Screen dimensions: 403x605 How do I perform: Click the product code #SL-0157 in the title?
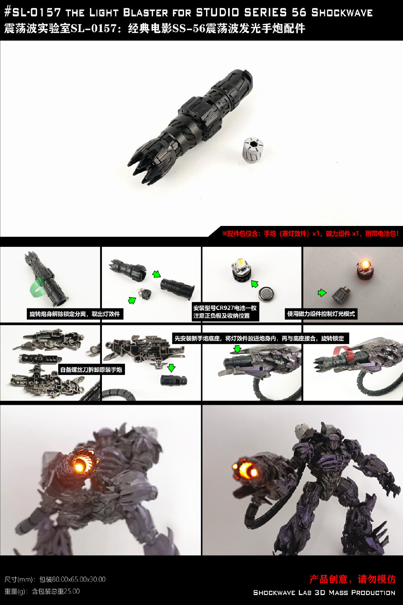point(33,12)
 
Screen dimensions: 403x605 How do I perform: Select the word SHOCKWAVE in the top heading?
point(342,12)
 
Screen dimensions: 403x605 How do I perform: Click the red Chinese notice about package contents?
point(310,234)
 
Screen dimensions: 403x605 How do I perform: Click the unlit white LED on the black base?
point(240,263)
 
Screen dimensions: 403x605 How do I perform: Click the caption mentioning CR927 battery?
point(225,312)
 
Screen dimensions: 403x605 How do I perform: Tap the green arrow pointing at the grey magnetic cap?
point(322,292)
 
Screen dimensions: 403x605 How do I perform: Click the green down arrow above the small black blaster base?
point(171,367)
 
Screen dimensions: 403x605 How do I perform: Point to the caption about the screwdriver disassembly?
point(91,369)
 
